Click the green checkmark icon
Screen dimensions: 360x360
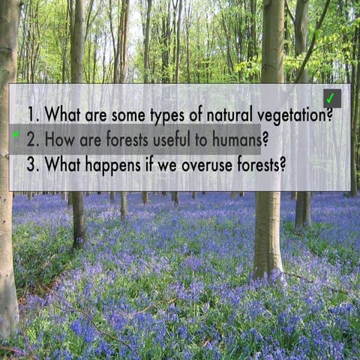click(331, 98)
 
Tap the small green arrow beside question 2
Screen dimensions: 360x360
click(16, 135)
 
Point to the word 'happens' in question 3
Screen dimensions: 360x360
click(112, 165)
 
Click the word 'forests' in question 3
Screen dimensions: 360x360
click(261, 163)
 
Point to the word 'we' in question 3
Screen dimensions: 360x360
click(168, 164)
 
